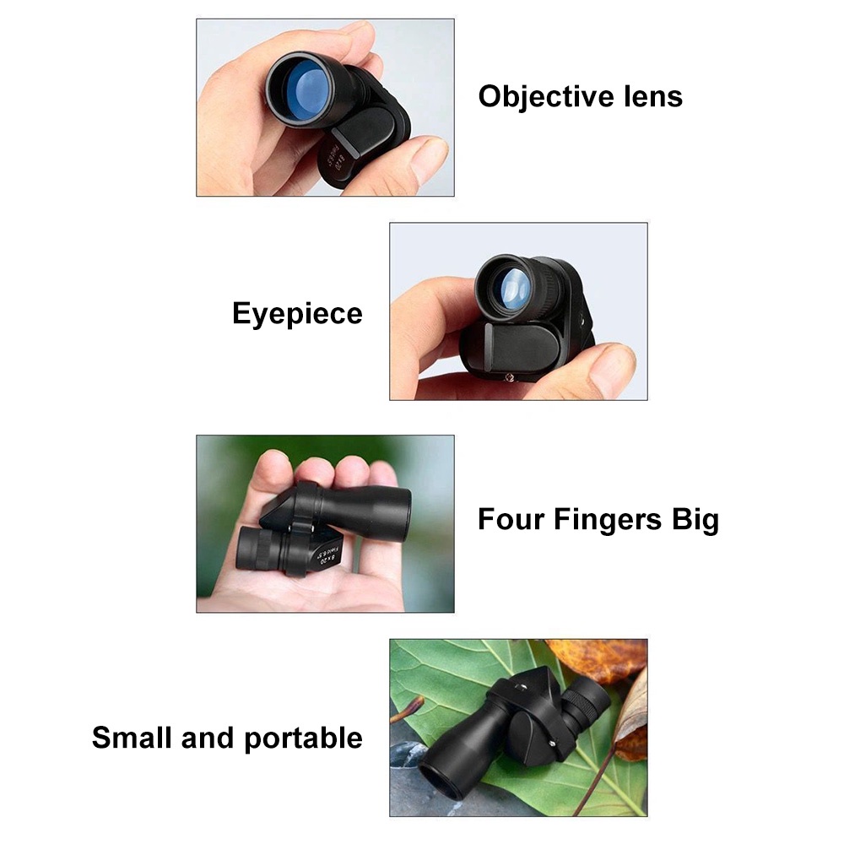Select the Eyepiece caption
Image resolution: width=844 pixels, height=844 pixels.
297,314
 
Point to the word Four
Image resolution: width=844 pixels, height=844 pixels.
511,519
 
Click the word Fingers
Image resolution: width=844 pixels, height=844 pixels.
608,519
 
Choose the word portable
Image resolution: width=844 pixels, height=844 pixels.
303,738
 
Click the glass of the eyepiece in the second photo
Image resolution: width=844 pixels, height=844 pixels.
511,287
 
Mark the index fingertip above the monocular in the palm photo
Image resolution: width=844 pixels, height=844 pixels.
274,463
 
